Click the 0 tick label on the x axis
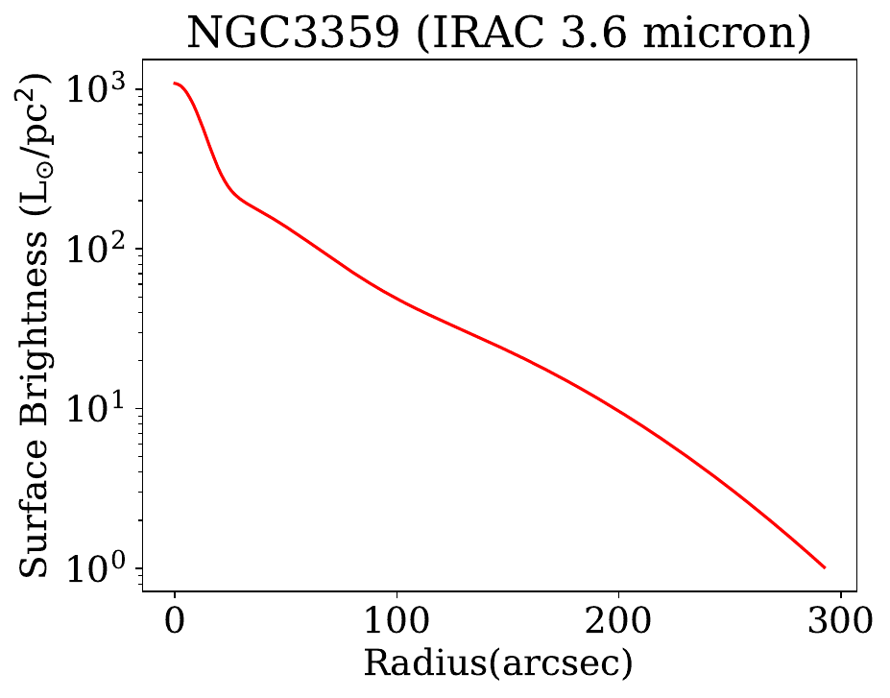tap(175, 619)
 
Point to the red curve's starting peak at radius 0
tap(175, 84)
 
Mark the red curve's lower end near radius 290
tap(824, 566)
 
